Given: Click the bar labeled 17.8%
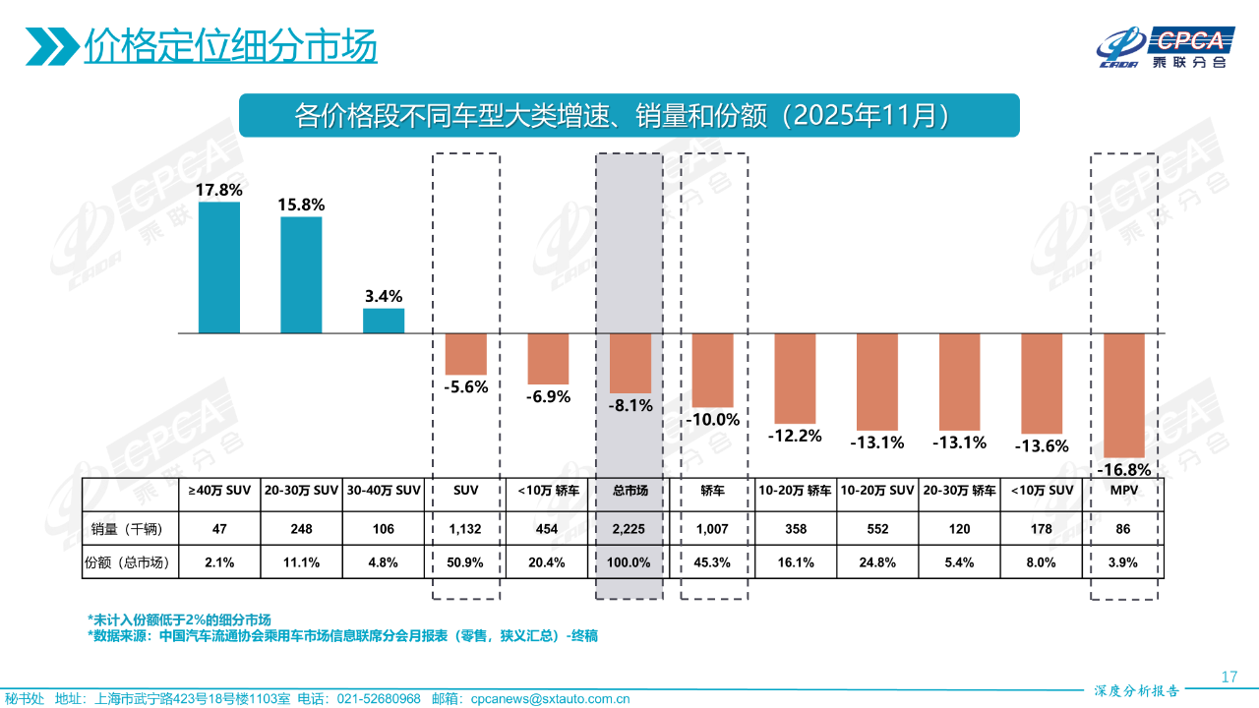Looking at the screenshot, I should pyautogui.click(x=218, y=267).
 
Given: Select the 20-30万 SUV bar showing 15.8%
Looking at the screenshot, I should pyautogui.click(x=301, y=274).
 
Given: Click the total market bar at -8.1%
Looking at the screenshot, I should pyautogui.click(x=630, y=363).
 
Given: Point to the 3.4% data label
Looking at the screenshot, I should pyautogui.click(x=383, y=296).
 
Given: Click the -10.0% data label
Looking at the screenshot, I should pyautogui.click(x=713, y=420).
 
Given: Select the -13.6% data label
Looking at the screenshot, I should pyautogui.click(x=1042, y=445).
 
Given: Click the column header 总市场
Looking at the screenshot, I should pyautogui.click(x=630, y=490).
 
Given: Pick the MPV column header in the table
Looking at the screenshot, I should pyautogui.click(x=1123, y=490).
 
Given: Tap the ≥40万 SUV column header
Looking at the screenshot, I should pyautogui.click(x=219, y=490).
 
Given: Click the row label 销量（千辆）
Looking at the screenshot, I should pyautogui.click(x=129, y=529).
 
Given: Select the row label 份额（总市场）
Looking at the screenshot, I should pyautogui.click(x=129, y=562).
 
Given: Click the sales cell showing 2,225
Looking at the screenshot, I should pyautogui.click(x=630, y=529).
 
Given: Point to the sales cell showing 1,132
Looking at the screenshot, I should pyautogui.click(x=465, y=529).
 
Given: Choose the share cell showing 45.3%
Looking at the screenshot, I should pyautogui.click(x=713, y=562).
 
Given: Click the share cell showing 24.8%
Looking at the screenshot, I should pyautogui.click(x=877, y=562).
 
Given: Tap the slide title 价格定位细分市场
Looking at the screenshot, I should pyautogui.click(x=230, y=45).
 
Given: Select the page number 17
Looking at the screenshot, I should pyautogui.click(x=1229, y=677).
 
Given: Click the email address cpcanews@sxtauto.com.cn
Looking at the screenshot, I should pyautogui.click(x=550, y=698).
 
